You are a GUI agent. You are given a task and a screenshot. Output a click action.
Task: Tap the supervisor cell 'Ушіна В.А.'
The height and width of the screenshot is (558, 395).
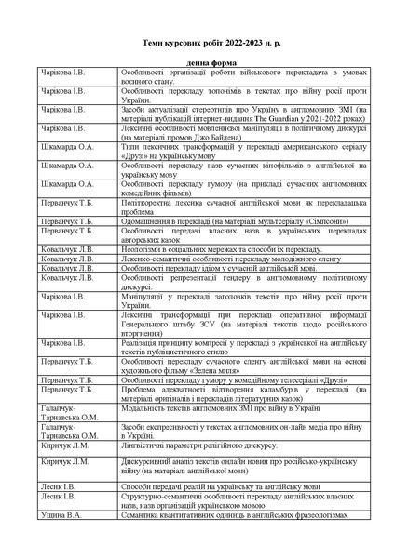61,513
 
